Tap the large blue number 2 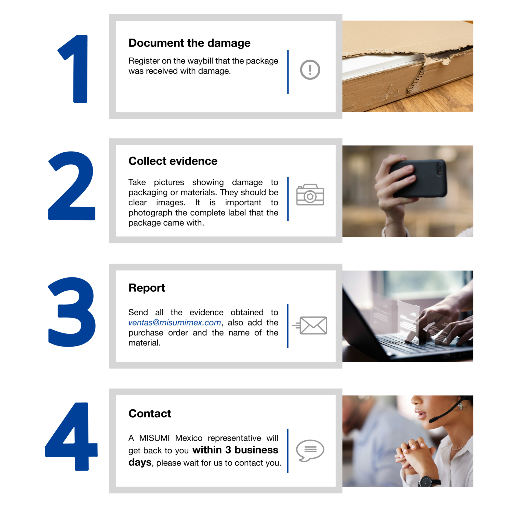tap(72, 186)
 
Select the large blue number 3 tap(72, 312)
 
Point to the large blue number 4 tap(71, 436)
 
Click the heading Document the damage tap(189, 43)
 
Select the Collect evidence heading tap(173, 161)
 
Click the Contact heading tap(150, 413)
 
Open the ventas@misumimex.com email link tap(175, 323)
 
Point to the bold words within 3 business tap(235, 450)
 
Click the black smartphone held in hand tap(418, 178)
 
